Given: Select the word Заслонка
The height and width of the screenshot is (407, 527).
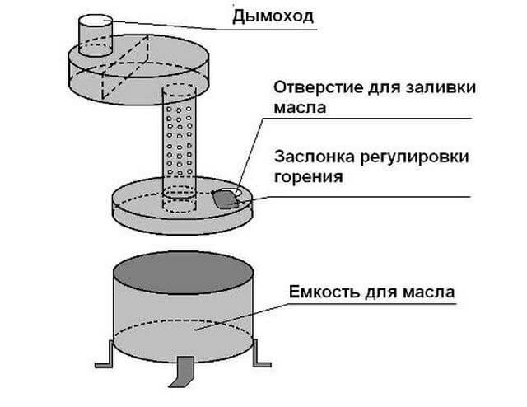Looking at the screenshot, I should (x=309, y=157).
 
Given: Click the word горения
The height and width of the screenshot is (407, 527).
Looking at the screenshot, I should (x=306, y=175).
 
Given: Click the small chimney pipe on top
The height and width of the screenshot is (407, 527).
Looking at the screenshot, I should (x=95, y=35).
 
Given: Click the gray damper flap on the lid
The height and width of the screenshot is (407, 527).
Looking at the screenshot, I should (x=223, y=198).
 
